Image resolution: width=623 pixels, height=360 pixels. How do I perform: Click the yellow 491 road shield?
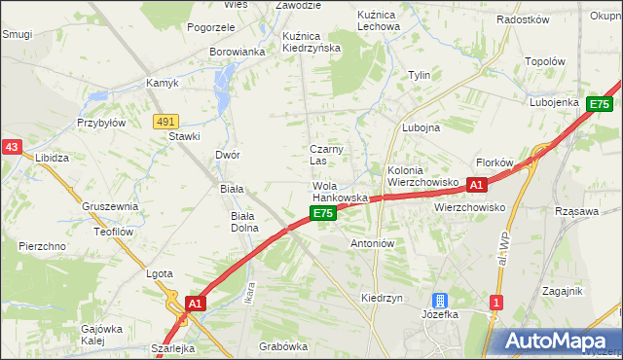tap(165, 121)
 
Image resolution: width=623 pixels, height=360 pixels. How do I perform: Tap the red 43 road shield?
tap(12, 146)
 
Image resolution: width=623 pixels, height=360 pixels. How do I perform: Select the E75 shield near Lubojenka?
tap(600, 104)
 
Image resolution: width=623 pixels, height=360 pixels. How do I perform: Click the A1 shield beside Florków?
tap(476, 184)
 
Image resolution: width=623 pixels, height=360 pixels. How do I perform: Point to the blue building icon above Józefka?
tap(440, 303)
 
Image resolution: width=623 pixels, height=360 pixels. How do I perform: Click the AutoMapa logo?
tap(556, 341)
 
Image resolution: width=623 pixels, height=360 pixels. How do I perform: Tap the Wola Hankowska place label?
tap(339, 191)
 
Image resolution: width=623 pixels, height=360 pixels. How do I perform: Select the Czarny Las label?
tap(323, 154)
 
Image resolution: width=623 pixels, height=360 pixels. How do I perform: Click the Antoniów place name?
tap(370, 243)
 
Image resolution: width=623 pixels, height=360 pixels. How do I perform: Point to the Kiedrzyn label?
tap(382, 298)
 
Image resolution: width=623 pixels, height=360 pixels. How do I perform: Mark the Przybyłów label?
tap(101, 124)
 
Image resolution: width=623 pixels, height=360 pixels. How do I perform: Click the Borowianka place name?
tap(238, 52)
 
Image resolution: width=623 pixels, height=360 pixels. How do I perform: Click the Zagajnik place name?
tap(563, 291)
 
